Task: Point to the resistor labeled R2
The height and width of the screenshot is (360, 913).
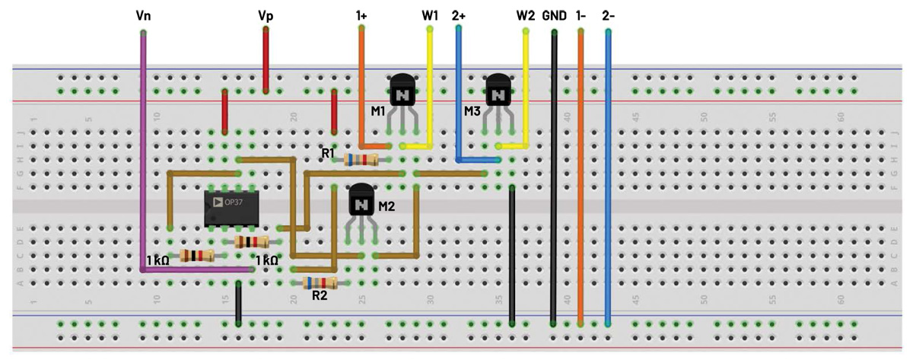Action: pyautogui.click(x=320, y=283)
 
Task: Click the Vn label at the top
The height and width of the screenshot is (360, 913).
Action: pyautogui.click(x=143, y=14)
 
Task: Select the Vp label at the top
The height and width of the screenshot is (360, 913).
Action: pyautogui.click(x=266, y=14)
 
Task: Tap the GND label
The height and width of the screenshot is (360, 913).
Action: pyautogui.click(x=555, y=14)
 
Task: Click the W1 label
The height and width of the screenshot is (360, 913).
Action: pyautogui.click(x=431, y=14)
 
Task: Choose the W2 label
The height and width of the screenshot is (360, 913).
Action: pyautogui.click(x=526, y=14)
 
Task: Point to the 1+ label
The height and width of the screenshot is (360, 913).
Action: pyautogui.click(x=362, y=14)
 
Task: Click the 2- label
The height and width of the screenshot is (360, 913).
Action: pyautogui.click(x=608, y=14)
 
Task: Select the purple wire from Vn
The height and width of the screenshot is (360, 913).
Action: pyautogui.click(x=143, y=152)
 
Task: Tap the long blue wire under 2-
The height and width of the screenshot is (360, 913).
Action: pyautogui.click(x=608, y=175)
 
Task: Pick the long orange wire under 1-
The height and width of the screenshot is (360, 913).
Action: pyautogui.click(x=581, y=175)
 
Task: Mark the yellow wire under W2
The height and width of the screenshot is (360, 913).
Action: pyautogui.click(x=526, y=84)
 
